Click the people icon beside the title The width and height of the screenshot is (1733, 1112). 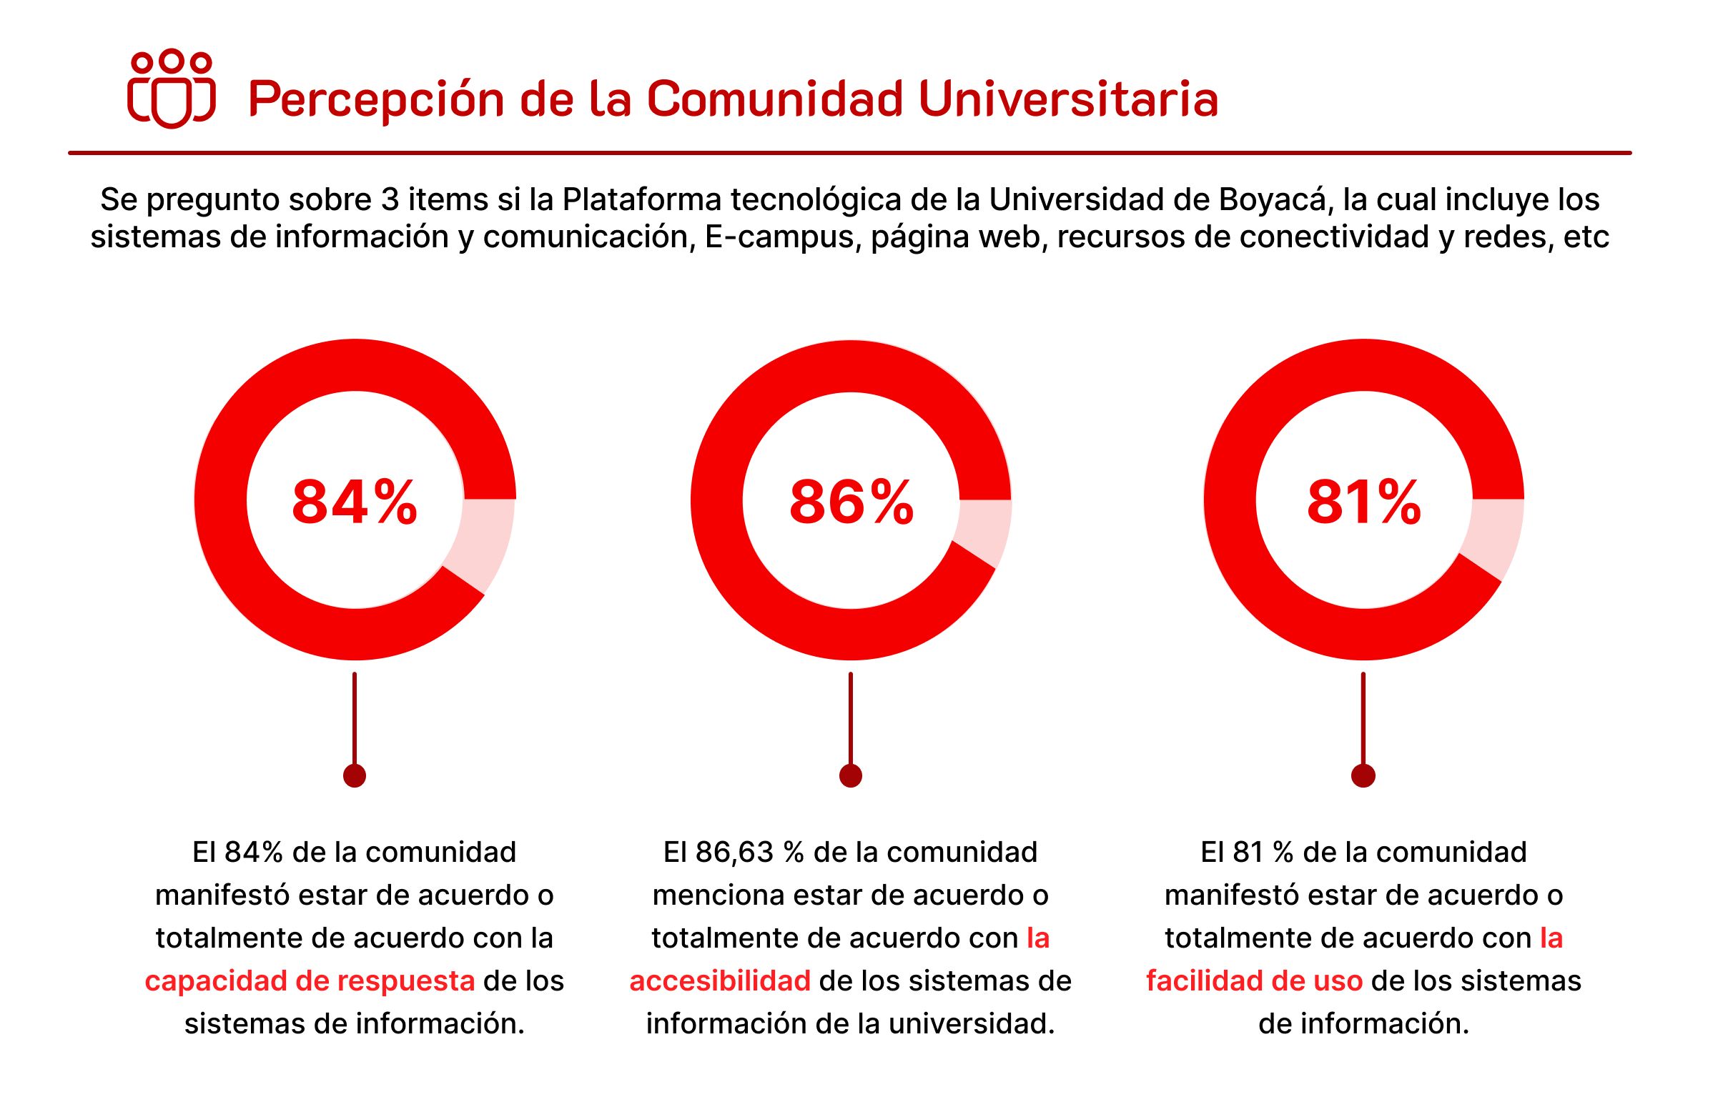pyautogui.click(x=171, y=88)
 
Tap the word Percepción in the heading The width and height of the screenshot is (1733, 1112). pyautogui.click(x=375, y=99)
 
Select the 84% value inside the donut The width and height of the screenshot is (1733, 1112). pyautogui.click(x=354, y=502)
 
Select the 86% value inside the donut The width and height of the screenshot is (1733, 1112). pyautogui.click(x=851, y=502)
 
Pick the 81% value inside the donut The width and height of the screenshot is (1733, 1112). pyautogui.click(x=1363, y=502)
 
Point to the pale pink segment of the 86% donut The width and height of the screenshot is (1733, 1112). pyautogui.click(x=983, y=531)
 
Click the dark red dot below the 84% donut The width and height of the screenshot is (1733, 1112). pyautogui.click(x=354, y=775)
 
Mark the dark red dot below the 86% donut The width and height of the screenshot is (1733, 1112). pyautogui.click(x=850, y=775)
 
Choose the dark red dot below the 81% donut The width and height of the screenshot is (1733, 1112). pyautogui.click(x=1363, y=775)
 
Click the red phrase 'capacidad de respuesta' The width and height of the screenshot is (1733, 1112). pyautogui.click(x=309, y=981)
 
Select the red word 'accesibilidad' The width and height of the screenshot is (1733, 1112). pyautogui.click(x=719, y=981)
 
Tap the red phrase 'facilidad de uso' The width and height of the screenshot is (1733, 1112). pyautogui.click(x=1254, y=981)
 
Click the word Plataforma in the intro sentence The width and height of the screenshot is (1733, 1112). pyautogui.click(x=641, y=200)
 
